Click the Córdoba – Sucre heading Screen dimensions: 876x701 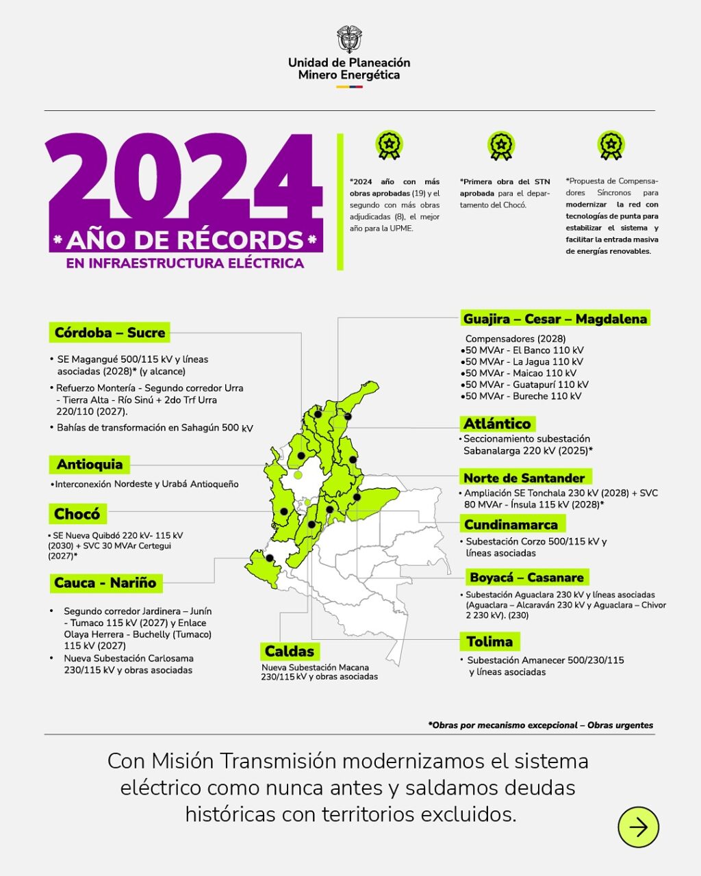coord(110,333)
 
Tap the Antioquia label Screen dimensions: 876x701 coord(90,465)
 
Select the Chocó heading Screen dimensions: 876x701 coord(77,514)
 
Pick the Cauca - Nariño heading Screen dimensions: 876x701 coord(105,583)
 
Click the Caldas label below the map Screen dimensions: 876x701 coord(290,652)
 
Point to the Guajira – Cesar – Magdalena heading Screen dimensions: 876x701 coord(555,319)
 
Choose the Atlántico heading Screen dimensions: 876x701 coord(497,424)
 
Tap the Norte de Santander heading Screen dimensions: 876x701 coord(524,478)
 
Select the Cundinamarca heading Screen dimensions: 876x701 coord(511,525)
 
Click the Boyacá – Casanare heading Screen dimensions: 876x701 coord(526,578)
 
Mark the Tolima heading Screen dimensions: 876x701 coord(489,642)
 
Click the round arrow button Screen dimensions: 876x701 coord(638,827)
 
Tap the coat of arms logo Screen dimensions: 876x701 coord(349,40)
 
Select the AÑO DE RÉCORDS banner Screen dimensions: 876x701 coord(185,240)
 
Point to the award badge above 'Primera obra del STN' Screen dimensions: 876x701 coord(501,146)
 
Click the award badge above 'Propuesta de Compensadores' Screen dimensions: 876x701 coord(611,145)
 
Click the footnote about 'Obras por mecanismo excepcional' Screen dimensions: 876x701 coord(541,725)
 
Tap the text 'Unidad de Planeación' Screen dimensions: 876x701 coord(349,62)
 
